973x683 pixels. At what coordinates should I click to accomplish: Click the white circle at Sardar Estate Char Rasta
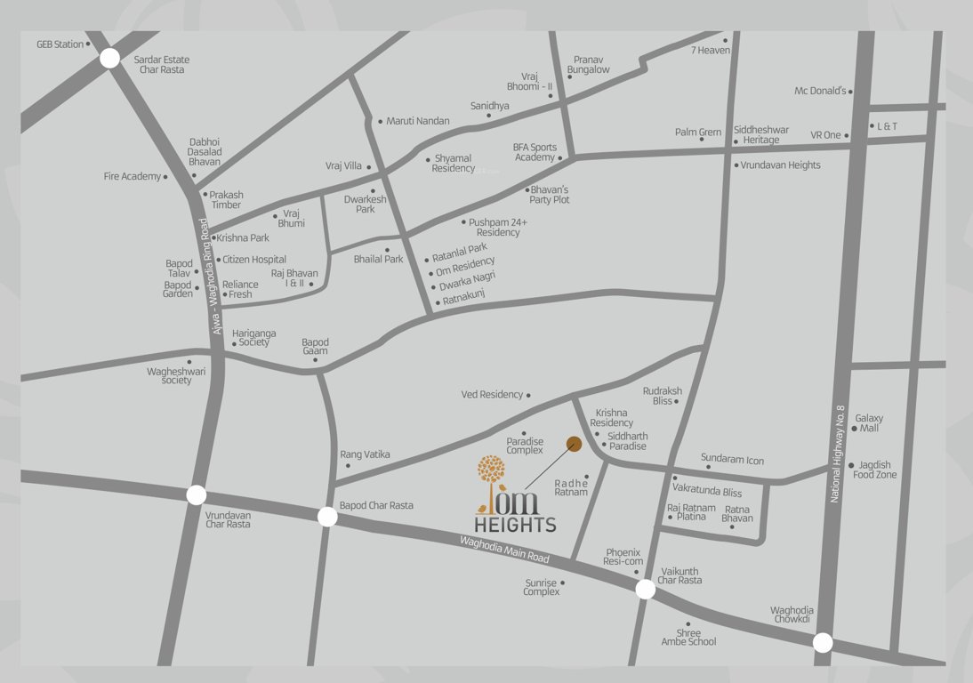[109, 59]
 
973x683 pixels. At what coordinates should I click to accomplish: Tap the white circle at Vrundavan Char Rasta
[197, 495]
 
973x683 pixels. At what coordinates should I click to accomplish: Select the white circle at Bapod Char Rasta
[327, 517]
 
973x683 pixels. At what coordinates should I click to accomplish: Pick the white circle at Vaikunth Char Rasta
[646, 589]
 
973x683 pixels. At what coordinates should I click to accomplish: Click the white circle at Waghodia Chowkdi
[823, 642]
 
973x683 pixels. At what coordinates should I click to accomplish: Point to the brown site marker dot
[575, 443]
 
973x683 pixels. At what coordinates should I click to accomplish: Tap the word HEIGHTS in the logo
[515, 525]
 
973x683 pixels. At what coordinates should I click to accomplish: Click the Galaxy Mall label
[869, 423]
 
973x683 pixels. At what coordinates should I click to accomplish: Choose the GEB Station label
[60, 44]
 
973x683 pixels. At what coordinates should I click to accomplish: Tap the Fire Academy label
[133, 177]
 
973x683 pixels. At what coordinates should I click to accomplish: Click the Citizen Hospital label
[254, 260]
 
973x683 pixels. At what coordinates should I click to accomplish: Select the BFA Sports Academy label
[535, 152]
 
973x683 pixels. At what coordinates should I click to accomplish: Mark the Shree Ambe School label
[688, 637]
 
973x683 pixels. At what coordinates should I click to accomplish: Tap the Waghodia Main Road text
[504, 550]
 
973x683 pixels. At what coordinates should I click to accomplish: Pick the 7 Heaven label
[711, 51]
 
